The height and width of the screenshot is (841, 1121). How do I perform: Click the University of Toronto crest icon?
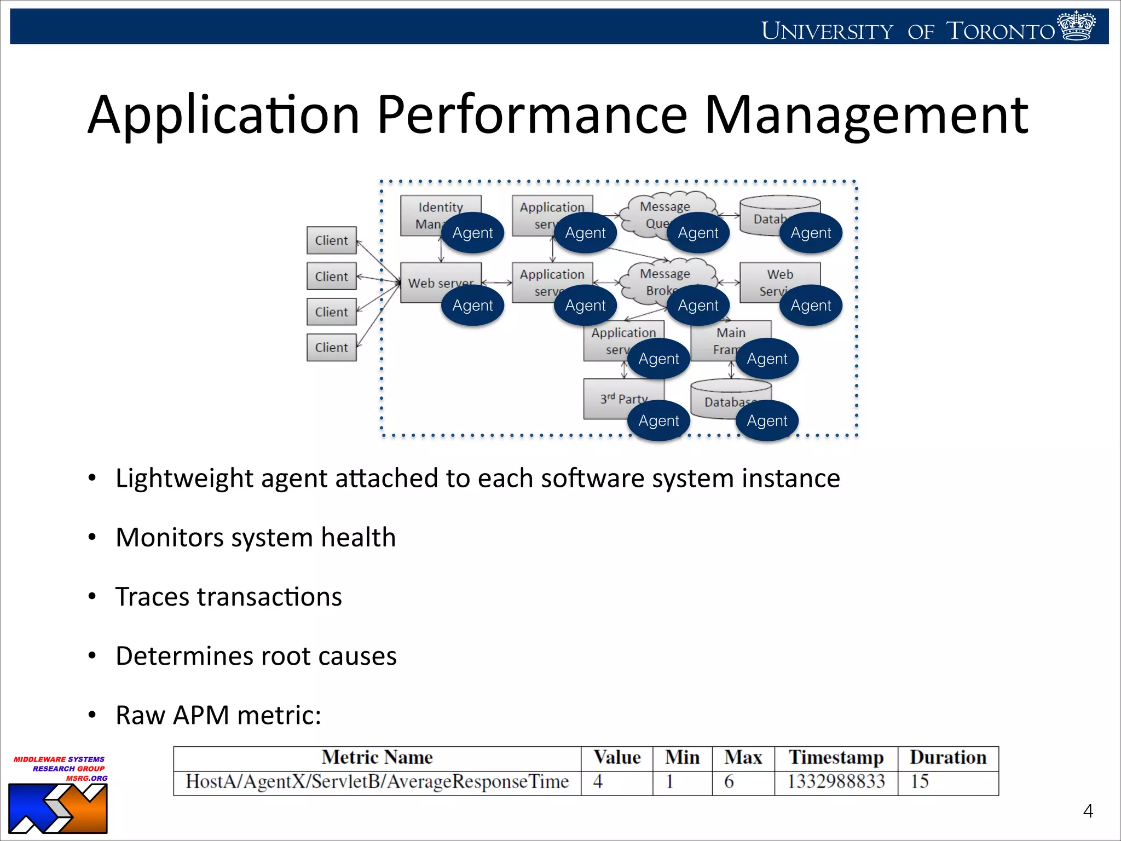[1076, 26]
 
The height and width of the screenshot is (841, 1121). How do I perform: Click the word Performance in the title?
[531, 114]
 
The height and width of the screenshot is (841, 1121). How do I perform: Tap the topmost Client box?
[331, 240]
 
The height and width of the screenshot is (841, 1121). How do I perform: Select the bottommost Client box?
[331, 347]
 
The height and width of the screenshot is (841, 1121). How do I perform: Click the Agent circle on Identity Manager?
[472, 233]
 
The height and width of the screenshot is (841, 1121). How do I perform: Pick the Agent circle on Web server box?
[472, 306]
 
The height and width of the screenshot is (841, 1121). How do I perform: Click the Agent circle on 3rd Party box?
[658, 420]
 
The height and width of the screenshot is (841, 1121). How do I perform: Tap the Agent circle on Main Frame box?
[767, 359]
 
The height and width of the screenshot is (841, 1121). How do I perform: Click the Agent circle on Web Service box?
[811, 306]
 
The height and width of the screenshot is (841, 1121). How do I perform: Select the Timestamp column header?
[836, 758]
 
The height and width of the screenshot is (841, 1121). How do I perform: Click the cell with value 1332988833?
[836, 781]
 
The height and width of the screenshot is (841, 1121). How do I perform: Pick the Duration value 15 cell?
[920, 781]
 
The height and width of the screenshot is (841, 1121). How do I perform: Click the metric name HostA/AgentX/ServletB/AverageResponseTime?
[377, 781]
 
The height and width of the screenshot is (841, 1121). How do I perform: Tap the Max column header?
[743, 758]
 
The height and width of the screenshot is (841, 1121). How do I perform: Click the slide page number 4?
[1088, 811]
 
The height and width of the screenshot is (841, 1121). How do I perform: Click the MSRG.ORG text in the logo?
[86, 778]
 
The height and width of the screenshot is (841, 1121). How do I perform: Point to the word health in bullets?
[358, 537]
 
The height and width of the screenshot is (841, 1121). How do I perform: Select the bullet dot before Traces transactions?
[92, 596]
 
